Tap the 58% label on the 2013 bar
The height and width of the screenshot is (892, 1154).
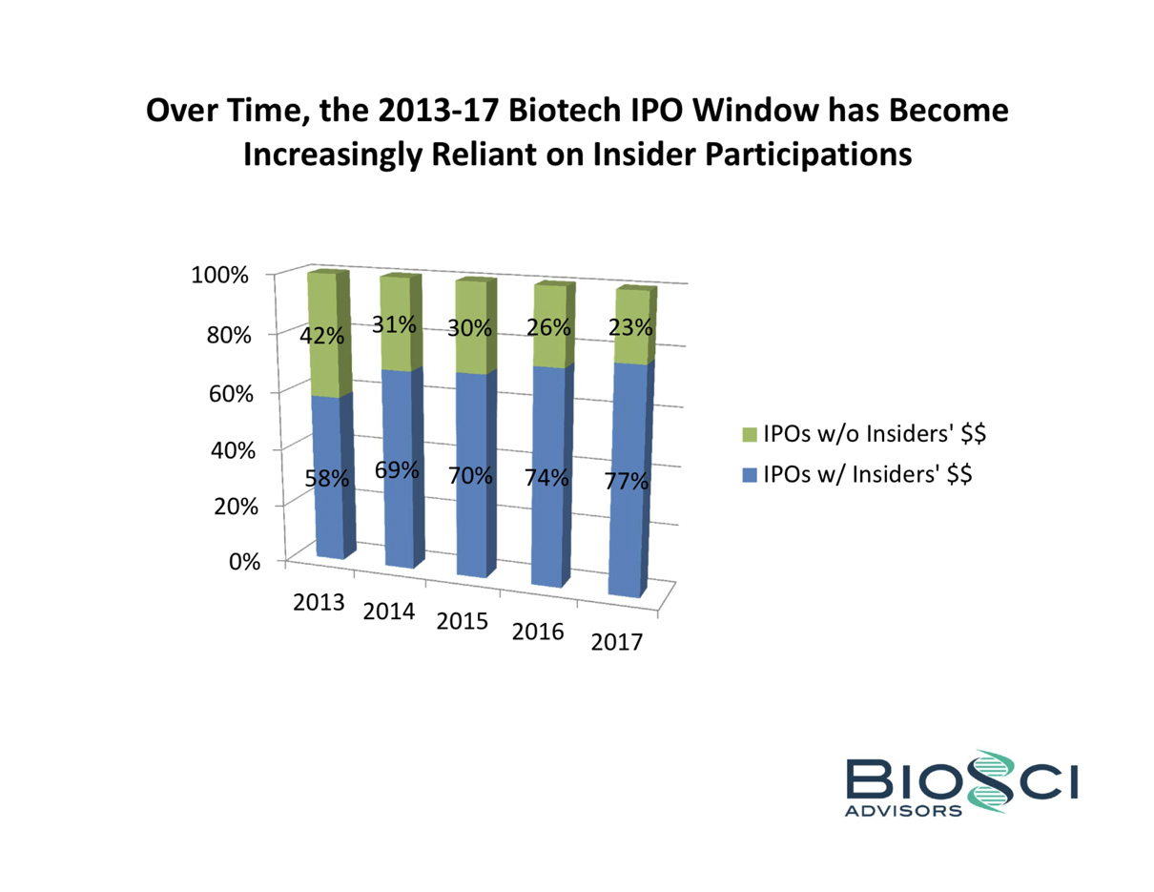coord(326,479)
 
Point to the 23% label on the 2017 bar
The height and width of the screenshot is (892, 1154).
coord(629,328)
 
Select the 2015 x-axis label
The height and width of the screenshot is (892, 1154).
coord(462,621)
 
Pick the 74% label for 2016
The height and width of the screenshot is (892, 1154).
coord(546,479)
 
